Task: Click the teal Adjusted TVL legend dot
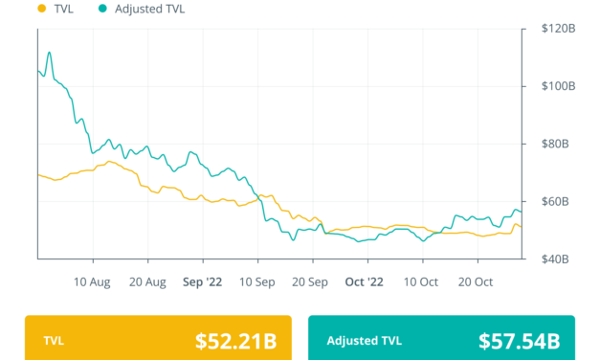[102, 9]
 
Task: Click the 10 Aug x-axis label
[93, 282]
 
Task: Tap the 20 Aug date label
[147, 282]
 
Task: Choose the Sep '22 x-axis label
[202, 282]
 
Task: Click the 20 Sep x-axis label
[312, 282]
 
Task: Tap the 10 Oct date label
[421, 282]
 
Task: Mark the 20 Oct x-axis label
[476, 282]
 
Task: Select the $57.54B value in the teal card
[520, 340]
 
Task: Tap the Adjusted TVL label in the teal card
[365, 340]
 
